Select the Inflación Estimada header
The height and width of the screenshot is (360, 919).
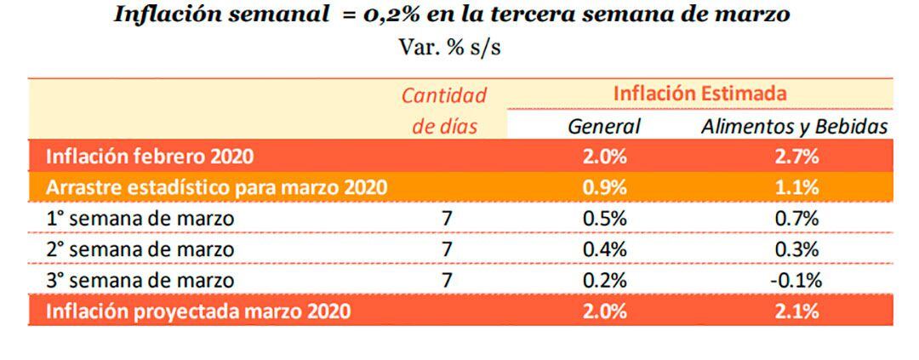pos(699,93)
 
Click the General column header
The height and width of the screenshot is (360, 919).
pos(604,126)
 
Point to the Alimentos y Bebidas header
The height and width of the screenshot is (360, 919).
pos(795,126)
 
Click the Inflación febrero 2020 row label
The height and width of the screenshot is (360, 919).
pos(149,156)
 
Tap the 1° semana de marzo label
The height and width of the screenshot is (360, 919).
pos(140,218)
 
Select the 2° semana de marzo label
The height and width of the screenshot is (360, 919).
pos(140,249)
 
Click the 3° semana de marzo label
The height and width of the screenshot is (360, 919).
pos(140,280)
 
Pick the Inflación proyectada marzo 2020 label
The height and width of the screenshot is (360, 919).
pos(197,311)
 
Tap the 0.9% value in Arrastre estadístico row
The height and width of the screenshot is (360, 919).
pos(604,186)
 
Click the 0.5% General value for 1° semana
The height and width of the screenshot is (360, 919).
pos(604,218)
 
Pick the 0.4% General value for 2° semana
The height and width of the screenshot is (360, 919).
pos(604,249)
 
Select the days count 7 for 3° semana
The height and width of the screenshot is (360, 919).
pos(448,280)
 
